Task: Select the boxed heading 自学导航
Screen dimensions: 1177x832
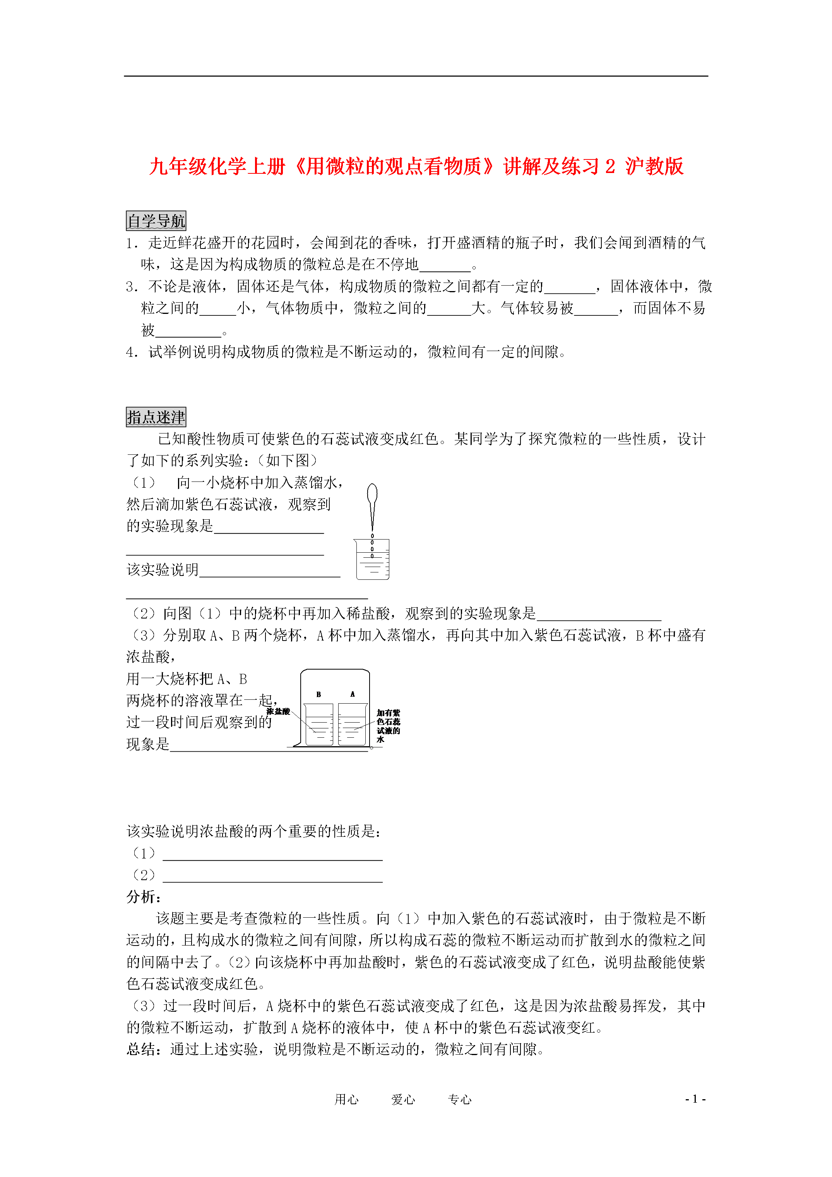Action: [x=156, y=221]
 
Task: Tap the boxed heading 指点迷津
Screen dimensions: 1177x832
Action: [x=156, y=417]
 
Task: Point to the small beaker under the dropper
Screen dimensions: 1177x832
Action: [x=372, y=560]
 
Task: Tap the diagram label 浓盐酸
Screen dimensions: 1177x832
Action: [x=278, y=711]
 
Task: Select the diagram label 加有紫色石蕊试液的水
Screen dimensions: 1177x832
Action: [x=388, y=725]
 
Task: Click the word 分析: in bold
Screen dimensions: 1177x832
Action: [x=144, y=897]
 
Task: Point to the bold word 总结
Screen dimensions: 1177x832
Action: [x=141, y=1049]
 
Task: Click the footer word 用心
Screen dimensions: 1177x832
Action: [x=347, y=1099]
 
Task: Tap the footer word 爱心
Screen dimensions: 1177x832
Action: [x=403, y=1099]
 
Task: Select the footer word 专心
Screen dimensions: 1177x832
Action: [x=459, y=1099]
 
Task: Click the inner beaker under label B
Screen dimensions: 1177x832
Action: [x=319, y=724]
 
